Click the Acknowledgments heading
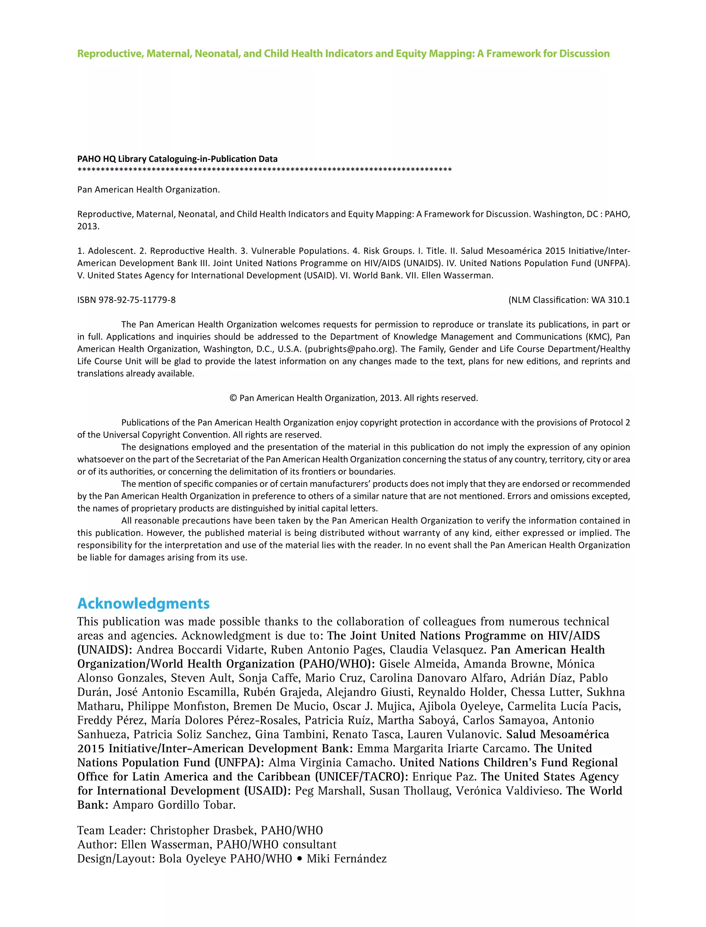click(143, 604)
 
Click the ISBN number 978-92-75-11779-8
click(137, 300)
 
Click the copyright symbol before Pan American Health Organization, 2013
click(233, 398)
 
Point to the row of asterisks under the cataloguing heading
click(264, 170)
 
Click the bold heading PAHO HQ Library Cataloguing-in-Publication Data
click(177, 159)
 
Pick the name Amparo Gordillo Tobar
click(174, 805)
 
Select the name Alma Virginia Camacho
click(332, 762)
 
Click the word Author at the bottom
click(96, 845)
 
